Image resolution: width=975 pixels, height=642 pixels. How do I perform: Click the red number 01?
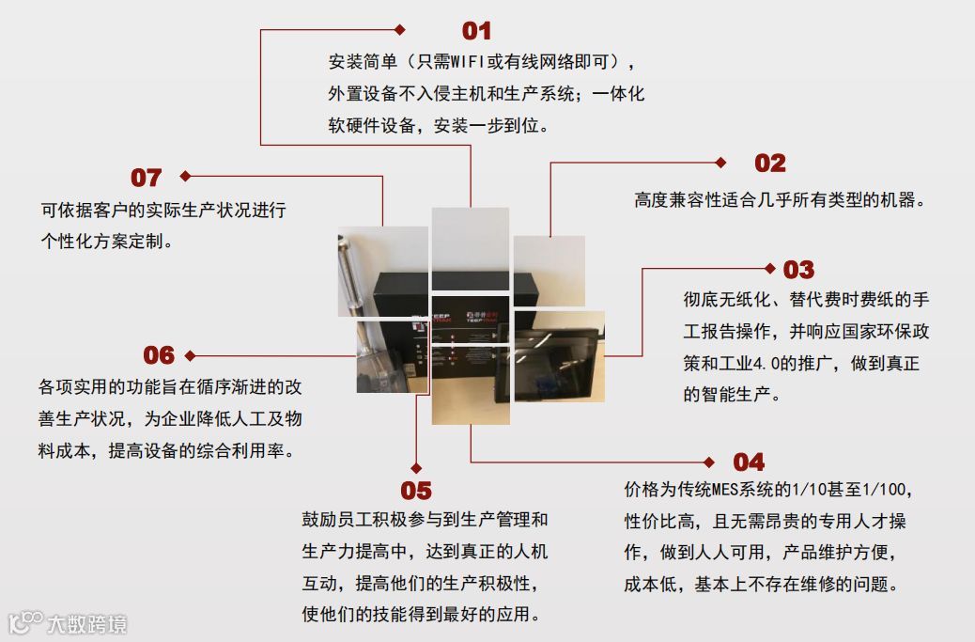click(x=476, y=32)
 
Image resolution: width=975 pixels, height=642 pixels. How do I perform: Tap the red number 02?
click(x=769, y=164)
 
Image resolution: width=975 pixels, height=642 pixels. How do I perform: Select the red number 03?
click(x=798, y=271)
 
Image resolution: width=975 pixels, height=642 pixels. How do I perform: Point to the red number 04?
click(x=749, y=462)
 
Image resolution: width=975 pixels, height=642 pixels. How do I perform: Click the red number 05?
click(x=416, y=491)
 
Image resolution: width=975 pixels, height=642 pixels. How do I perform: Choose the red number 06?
click(x=159, y=355)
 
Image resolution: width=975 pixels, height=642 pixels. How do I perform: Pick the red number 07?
click(x=146, y=178)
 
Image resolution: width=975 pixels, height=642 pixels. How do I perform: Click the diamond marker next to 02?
click(x=721, y=163)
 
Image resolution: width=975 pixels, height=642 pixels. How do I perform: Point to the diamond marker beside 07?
click(x=185, y=176)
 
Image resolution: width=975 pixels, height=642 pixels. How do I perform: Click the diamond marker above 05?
click(x=416, y=467)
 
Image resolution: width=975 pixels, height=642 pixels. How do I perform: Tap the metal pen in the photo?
click(x=356, y=273)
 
